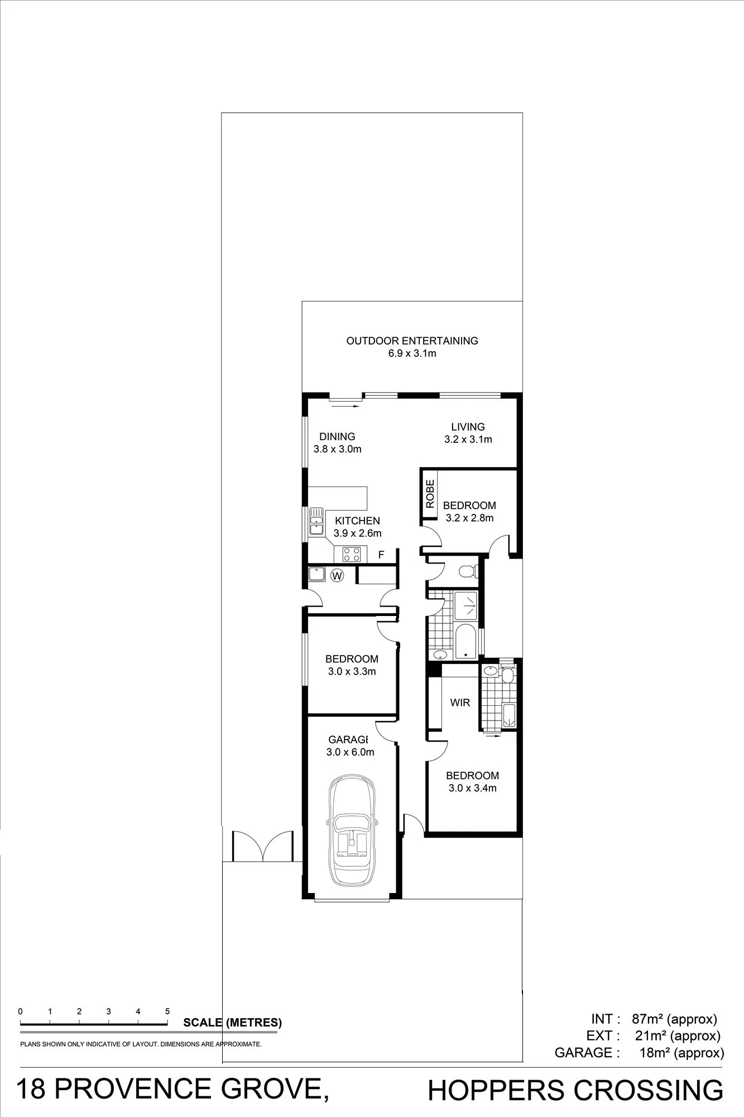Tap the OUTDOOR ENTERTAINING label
pos(412,341)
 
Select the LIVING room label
pos(468,427)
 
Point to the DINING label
pos(337,437)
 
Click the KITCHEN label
pos(357,521)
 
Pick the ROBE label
pos(430,494)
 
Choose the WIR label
pos(460,703)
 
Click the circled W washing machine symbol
pos(337,575)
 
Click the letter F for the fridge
pos(381,555)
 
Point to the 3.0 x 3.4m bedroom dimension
pos(472,788)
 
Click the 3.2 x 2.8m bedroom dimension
pos(469,518)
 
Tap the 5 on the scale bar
pos(167,1011)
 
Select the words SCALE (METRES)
pos(232,1023)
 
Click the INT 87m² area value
pos(674,1019)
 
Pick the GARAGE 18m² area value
pos(681,1053)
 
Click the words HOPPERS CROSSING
pos(575,1091)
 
